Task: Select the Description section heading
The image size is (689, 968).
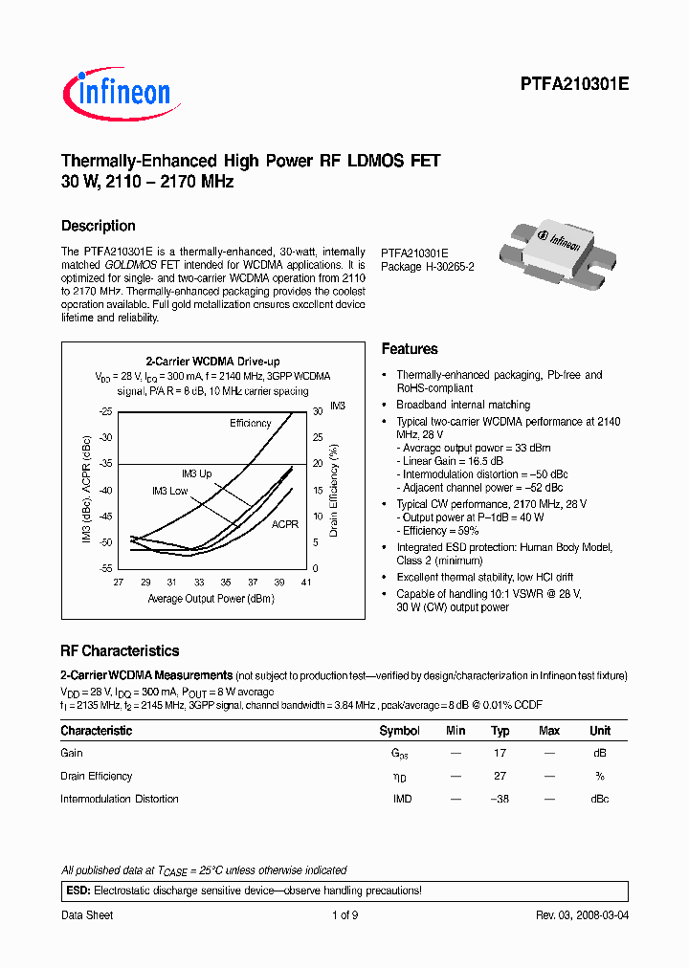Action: coord(98,226)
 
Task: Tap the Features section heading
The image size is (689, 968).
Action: coord(409,349)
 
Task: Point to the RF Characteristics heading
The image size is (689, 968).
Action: coord(120,650)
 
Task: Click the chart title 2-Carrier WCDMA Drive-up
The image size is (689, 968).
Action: coord(212,361)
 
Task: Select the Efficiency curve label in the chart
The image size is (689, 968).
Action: coord(250,423)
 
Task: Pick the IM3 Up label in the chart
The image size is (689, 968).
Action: coord(197,473)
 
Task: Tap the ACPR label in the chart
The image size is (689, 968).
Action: coord(284,524)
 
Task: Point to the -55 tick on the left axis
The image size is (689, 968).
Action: coord(105,568)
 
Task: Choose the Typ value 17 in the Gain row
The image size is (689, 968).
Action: coord(500,753)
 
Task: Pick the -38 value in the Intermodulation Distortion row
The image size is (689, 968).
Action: coord(499,799)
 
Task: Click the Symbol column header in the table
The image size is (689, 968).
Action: coord(399,731)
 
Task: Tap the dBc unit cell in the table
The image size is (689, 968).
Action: coord(599,799)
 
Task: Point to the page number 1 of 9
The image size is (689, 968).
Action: coord(344,915)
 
